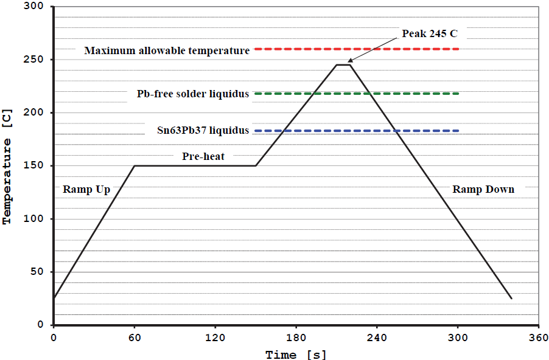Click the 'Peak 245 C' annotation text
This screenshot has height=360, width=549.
(x=428, y=33)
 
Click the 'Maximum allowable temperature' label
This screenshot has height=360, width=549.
(x=167, y=50)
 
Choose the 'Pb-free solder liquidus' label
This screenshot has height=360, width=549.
(x=193, y=94)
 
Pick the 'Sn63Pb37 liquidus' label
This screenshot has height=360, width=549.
(x=203, y=131)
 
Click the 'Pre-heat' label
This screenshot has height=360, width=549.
(x=203, y=156)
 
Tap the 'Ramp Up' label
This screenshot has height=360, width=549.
(x=86, y=189)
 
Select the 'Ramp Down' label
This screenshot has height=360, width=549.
(x=483, y=189)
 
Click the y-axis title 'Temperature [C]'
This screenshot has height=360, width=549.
(x=8, y=181)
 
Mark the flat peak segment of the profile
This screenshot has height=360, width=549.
(x=343, y=64)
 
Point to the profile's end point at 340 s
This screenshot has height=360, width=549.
(x=511, y=299)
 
